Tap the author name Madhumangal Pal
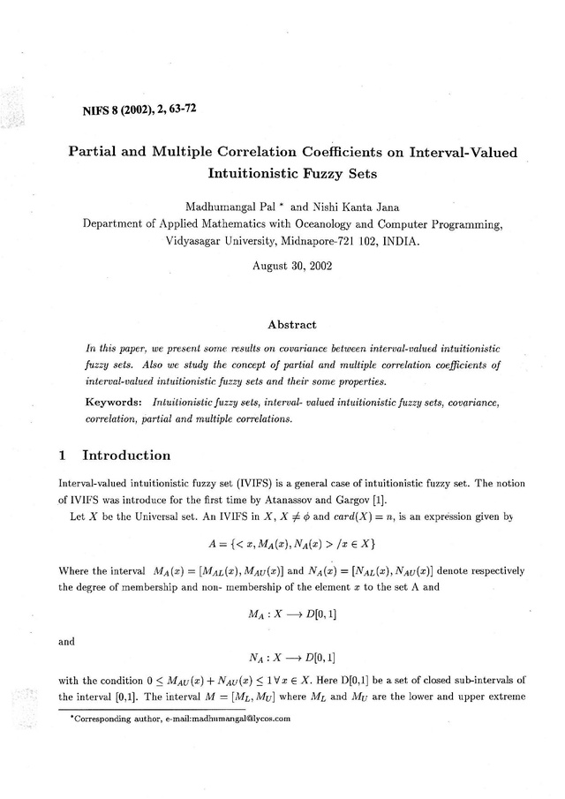click(x=227, y=206)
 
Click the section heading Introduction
click(x=126, y=456)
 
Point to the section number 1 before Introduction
click(x=62, y=456)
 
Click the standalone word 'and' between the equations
click(x=66, y=642)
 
